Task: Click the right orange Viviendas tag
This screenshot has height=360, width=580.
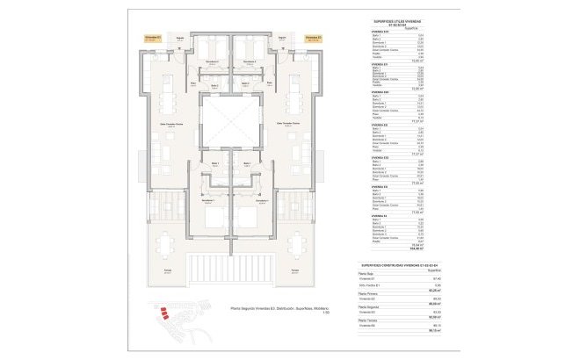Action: (313, 38)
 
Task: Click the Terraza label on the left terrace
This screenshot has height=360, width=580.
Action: (167, 270)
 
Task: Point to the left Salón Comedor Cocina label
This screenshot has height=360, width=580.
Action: (172, 126)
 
